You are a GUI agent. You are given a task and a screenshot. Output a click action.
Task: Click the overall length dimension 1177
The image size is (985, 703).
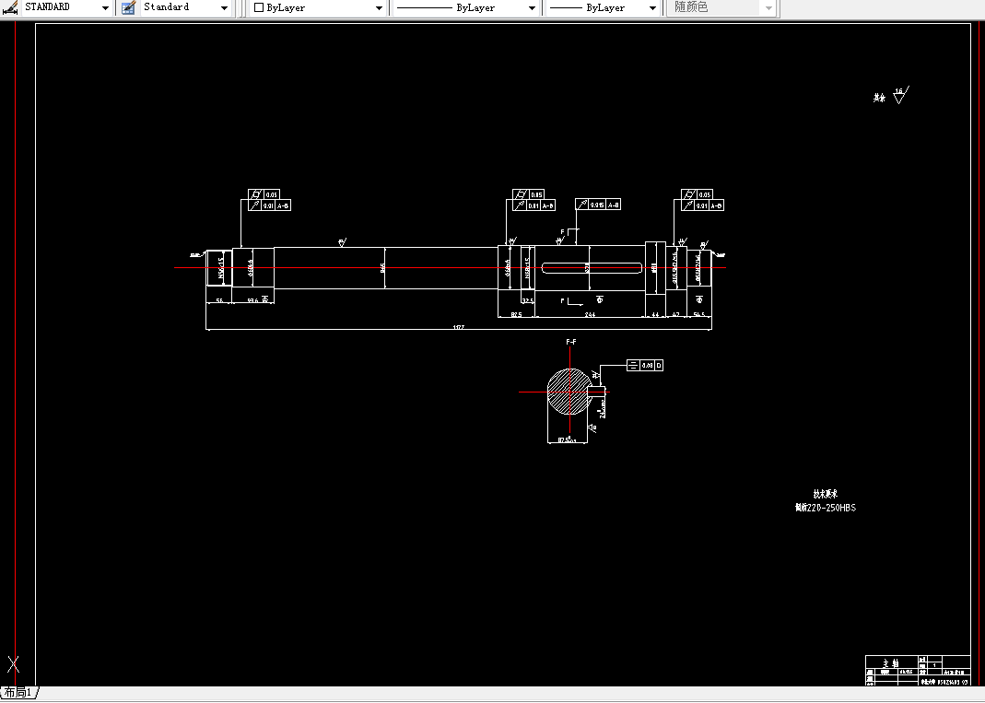458,326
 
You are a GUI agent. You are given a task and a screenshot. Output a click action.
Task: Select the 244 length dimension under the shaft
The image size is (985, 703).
590,315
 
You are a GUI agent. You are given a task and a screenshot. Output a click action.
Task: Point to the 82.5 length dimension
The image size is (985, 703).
516,315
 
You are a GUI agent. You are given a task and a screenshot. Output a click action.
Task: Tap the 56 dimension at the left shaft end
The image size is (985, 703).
219,300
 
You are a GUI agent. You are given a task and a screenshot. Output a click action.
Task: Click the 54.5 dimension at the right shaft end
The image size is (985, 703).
699,315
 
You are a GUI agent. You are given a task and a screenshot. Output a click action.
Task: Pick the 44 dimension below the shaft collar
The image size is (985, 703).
655,315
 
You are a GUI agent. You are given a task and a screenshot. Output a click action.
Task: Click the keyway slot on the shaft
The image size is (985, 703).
591,268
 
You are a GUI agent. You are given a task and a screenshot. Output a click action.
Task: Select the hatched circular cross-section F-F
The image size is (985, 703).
570,392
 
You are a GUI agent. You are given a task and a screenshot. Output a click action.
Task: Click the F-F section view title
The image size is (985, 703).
571,342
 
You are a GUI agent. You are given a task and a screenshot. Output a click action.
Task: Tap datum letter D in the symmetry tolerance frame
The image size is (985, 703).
658,366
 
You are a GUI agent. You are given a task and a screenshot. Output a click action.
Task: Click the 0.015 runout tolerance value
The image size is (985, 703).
597,205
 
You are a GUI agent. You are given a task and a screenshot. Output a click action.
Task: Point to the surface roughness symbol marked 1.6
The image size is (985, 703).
898,95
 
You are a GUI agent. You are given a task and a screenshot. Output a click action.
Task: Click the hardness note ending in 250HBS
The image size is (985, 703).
826,508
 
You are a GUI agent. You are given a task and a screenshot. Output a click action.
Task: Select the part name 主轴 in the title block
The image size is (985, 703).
890,663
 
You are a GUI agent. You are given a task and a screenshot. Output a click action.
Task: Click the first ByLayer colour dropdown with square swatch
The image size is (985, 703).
318,7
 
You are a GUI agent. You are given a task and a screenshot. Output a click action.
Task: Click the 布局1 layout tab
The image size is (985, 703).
18,693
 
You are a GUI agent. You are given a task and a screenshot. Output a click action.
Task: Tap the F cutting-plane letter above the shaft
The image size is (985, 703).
563,231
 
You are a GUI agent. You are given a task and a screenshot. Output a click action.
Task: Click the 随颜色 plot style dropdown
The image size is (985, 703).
721,7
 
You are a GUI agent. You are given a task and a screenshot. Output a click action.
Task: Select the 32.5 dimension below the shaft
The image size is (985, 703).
528,300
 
